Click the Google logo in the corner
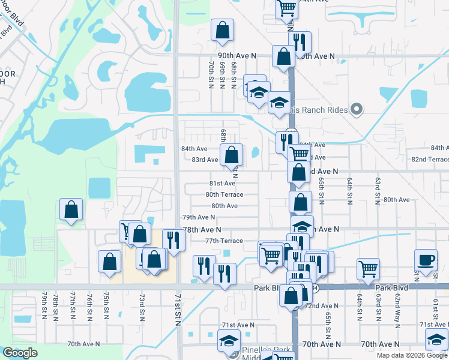tap(19, 353)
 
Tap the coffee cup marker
tap(426, 260)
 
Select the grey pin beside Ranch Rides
tap(357, 109)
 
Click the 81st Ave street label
tap(222, 183)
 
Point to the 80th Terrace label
tap(224, 194)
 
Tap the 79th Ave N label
tap(199, 217)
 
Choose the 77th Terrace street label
tap(224, 241)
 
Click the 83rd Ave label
tap(205, 160)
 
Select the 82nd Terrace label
tap(430, 159)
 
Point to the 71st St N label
tap(178, 310)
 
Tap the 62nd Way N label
tap(397, 306)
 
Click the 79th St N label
tap(44, 305)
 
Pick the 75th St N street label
tap(106, 305)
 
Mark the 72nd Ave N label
tap(320, 305)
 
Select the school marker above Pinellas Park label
tap(228, 343)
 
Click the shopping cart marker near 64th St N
tap(368, 269)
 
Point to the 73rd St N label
tap(142, 305)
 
